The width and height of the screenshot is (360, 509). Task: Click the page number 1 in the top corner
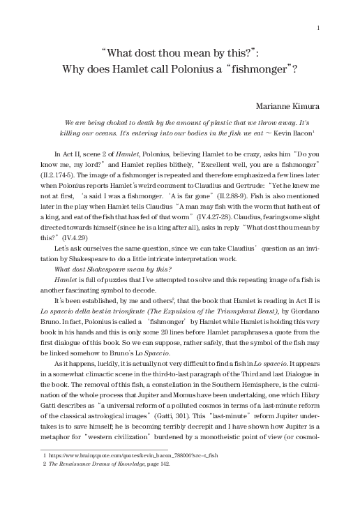(317, 28)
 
